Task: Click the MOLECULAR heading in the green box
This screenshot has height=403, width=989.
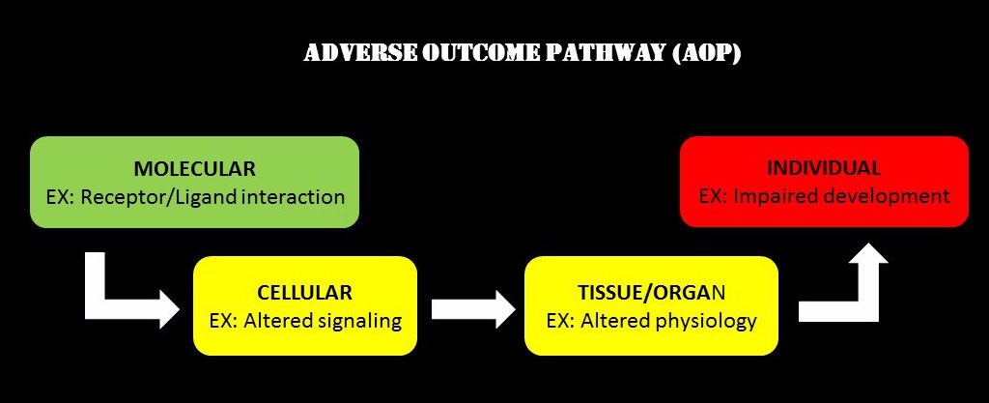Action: point(195,169)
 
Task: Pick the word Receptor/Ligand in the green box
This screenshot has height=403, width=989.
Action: point(154,197)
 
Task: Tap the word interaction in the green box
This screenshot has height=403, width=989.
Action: point(287,196)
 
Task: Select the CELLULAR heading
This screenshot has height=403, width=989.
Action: point(304,293)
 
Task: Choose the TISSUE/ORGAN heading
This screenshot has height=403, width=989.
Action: point(652,293)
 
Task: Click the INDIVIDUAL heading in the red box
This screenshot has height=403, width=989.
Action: point(824,168)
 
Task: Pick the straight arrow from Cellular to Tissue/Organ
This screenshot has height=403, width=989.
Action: point(473,309)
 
